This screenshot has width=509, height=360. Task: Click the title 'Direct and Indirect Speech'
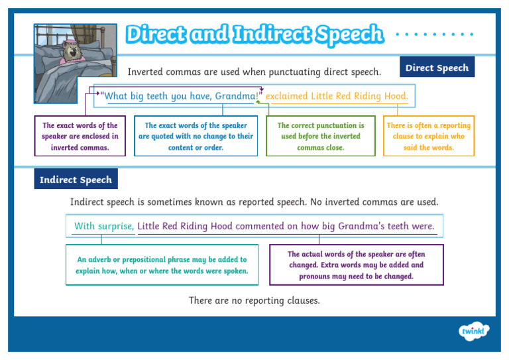[254, 34]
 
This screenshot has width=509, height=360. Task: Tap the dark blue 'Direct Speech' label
[437, 68]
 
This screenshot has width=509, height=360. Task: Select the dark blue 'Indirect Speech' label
[76, 180]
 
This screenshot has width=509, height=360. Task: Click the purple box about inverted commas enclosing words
[80, 137]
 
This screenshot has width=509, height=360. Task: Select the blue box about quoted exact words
[196, 137]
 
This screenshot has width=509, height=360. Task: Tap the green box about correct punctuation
[320, 137]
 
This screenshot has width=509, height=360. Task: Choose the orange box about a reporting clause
[428, 137]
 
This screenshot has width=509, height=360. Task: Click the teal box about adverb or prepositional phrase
[162, 265]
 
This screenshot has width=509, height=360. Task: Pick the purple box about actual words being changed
[356, 265]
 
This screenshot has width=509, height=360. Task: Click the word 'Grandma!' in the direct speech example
[237, 97]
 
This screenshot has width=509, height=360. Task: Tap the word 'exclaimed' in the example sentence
[287, 97]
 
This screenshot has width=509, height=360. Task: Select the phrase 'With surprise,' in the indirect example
[104, 226]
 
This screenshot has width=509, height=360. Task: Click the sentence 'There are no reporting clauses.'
[254, 301]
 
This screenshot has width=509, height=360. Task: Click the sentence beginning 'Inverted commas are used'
[254, 72]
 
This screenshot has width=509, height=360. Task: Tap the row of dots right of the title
[434, 34]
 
